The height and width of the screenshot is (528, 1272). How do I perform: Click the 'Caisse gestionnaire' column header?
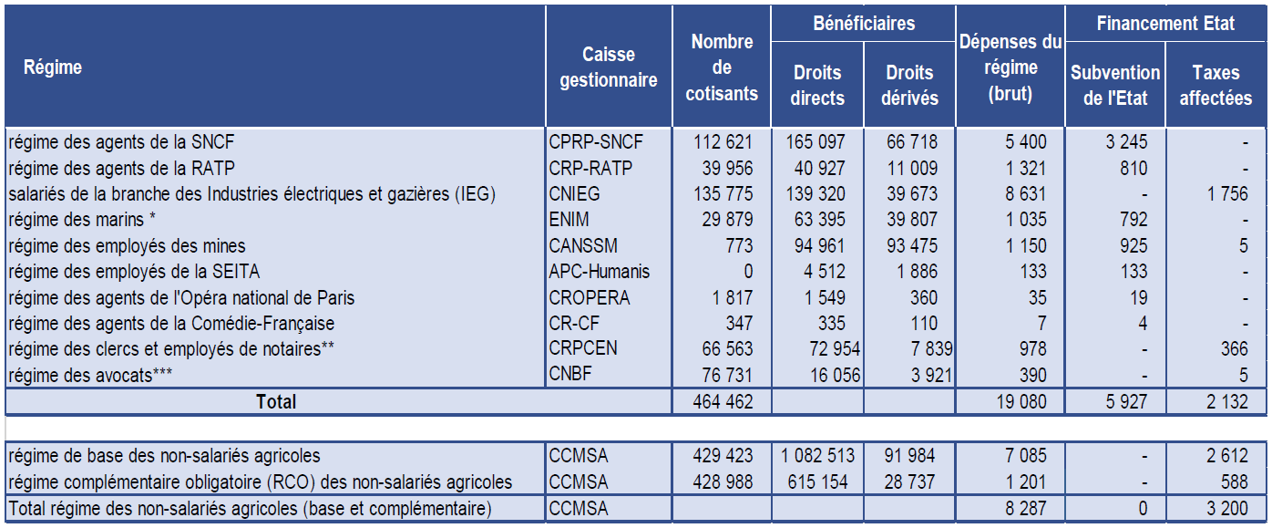pyautogui.click(x=608, y=67)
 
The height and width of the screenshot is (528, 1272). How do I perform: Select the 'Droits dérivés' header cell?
pyautogui.click(x=909, y=85)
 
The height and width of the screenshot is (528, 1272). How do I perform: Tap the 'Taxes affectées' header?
pyautogui.click(x=1216, y=85)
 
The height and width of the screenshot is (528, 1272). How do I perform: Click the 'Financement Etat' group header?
pyautogui.click(x=1165, y=24)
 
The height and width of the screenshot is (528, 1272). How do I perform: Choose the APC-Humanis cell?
pyautogui.click(x=600, y=272)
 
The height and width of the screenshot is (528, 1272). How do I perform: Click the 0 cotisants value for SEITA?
pyautogui.click(x=748, y=272)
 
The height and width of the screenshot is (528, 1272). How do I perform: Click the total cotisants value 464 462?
pyautogui.click(x=719, y=400)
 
